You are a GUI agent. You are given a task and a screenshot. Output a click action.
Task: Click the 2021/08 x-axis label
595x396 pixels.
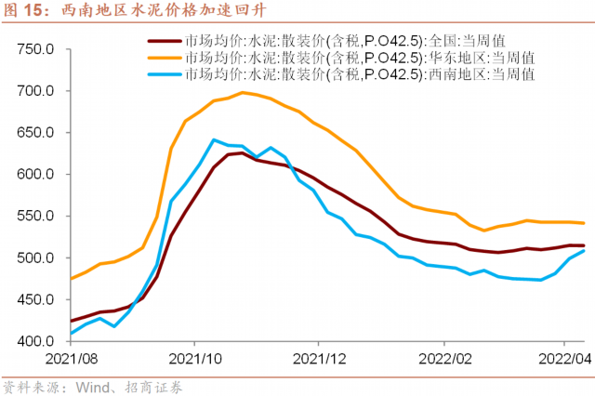point(69,358)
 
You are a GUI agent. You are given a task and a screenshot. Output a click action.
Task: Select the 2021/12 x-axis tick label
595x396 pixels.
point(318,358)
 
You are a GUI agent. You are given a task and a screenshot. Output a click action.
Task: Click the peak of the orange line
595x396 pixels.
point(243,92)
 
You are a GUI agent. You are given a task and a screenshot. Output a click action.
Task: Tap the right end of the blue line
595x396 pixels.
point(583,251)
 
